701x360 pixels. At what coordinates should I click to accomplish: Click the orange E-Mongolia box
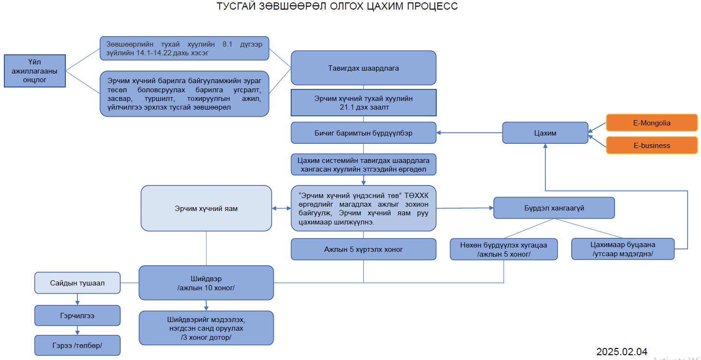pos(652,123)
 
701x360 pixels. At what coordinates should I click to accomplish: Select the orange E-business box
pos(652,145)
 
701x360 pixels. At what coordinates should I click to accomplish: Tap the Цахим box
pos(545,133)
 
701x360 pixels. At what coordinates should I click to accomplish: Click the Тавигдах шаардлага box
pos(363,68)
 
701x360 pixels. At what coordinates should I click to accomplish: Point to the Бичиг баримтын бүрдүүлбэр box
pos(363,132)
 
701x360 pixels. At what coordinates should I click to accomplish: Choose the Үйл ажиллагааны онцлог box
pos(35,71)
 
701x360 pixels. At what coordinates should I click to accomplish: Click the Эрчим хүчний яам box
pos(206,208)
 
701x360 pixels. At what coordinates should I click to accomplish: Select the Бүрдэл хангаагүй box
pos(554,208)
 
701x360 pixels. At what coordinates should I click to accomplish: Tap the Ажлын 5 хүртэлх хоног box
pos(363,249)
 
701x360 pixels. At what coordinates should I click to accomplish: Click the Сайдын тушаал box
pos(77,283)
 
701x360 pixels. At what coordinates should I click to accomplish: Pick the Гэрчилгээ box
pos(77,315)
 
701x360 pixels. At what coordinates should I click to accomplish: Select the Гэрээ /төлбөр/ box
pos(77,345)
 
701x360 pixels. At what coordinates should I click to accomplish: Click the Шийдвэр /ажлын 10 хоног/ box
pos(206,282)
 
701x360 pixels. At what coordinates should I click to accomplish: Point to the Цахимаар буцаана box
pos(623,249)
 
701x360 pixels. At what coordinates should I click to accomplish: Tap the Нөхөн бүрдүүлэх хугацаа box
pos(504,249)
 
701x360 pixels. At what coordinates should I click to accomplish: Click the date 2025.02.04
pos(622,351)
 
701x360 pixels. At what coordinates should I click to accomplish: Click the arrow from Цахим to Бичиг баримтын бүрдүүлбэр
pos(468,133)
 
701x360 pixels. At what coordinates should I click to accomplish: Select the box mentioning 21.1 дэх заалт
pos(363,102)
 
